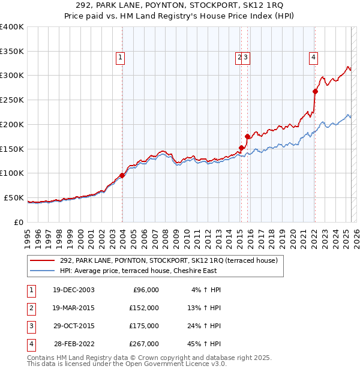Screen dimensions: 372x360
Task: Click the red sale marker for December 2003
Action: (122, 175)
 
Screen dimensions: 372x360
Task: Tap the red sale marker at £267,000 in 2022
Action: (315, 91)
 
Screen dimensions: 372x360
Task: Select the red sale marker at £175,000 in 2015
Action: (247, 136)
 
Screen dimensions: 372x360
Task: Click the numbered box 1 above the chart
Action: (120, 58)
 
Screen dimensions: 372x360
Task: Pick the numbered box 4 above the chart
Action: (313, 58)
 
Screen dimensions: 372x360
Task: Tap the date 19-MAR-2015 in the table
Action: (73, 308)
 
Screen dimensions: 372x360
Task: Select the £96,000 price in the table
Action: (144, 290)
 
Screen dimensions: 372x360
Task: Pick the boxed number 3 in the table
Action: (31, 326)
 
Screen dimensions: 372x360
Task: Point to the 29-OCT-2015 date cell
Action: (73, 326)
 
